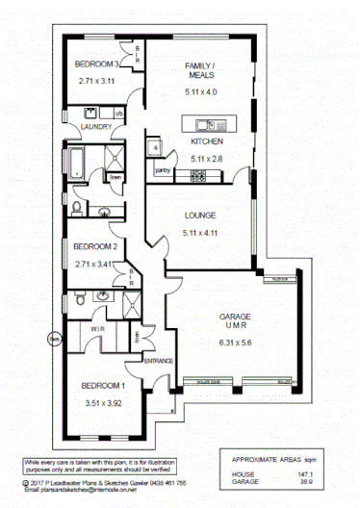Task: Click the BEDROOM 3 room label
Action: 96,64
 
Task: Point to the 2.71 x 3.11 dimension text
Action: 96,82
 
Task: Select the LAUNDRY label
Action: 96,126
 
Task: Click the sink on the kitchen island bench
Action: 205,124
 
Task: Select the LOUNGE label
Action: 201,216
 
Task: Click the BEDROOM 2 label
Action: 95,246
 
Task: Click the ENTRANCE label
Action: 157,361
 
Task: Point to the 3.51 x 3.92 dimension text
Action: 105,403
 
